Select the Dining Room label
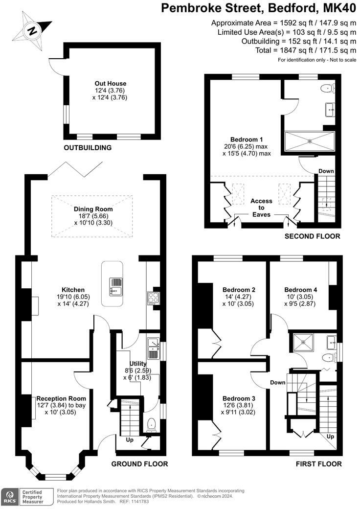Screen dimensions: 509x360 pos(93,209)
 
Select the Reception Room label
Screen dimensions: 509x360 pos(57,398)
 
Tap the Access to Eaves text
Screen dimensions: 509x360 pos(262,208)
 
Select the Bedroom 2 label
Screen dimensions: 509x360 pos(239,289)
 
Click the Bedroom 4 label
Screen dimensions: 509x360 pos(301,289)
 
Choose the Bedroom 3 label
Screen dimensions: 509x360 pos(239,398)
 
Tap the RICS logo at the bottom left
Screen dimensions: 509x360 pos(9,495)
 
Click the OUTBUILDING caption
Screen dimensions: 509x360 pos(88,147)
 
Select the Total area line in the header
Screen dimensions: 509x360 pos(306,50)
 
